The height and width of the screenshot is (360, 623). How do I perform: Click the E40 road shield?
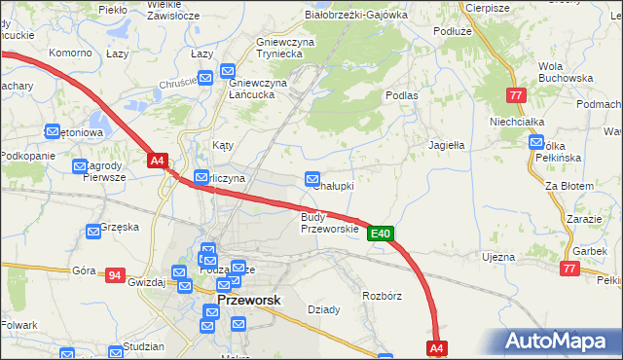(x=381, y=234)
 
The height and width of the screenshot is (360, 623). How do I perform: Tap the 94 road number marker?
(x=116, y=276)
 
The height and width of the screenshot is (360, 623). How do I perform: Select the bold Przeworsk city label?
(x=250, y=301)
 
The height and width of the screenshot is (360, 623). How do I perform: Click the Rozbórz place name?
(x=382, y=294)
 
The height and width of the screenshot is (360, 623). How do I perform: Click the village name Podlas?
(x=401, y=95)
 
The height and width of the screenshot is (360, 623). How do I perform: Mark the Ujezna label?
(x=497, y=257)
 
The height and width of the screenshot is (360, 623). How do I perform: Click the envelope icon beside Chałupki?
(x=312, y=179)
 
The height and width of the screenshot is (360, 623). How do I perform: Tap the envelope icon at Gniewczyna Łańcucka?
(x=228, y=71)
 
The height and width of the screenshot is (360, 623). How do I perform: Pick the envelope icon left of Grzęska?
(x=94, y=231)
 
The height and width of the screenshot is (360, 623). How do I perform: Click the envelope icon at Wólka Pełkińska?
(x=535, y=143)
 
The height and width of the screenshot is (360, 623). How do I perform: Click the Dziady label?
(x=324, y=309)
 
